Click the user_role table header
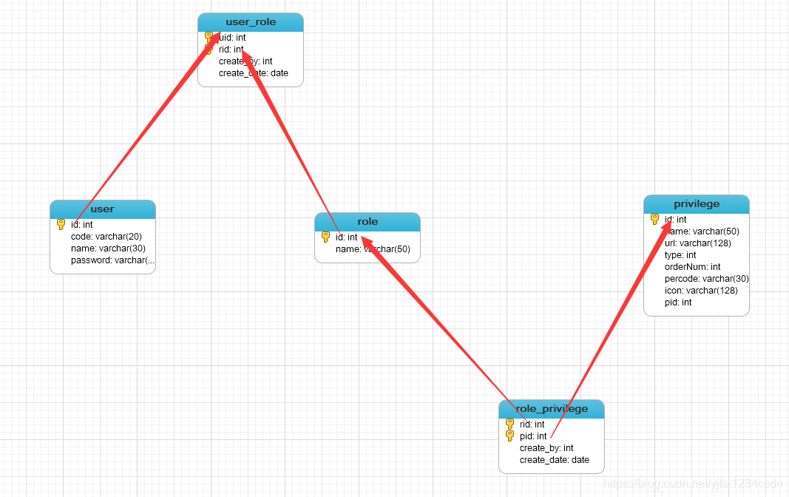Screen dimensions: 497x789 click(x=251, y=22)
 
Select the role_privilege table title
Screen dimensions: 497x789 click(x=551, y=409)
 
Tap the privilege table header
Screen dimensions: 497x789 click(x=696, y=204)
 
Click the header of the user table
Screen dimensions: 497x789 click(x=102, y=209)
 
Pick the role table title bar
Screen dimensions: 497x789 click(x=367, y=222)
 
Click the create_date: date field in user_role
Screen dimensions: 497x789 click(x=254, y=73)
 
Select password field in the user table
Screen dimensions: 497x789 click(x=112, y=260)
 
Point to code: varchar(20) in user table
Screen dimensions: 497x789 click(x=106, y=237)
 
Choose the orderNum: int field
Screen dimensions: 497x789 click(x=692, y=267)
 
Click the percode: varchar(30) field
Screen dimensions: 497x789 click(x=706, y=279)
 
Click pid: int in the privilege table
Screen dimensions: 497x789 click(x=678, y=302)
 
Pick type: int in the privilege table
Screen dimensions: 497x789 click(x=680, y=255)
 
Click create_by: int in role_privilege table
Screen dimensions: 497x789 click(x=546, y=448)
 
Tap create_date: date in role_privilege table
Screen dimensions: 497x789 click(x=555, y=460)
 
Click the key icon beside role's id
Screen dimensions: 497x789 click(x=325, y=237)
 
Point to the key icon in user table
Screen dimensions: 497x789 click(x=61, y=225)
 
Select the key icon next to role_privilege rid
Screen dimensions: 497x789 click(x=509, y=425)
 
